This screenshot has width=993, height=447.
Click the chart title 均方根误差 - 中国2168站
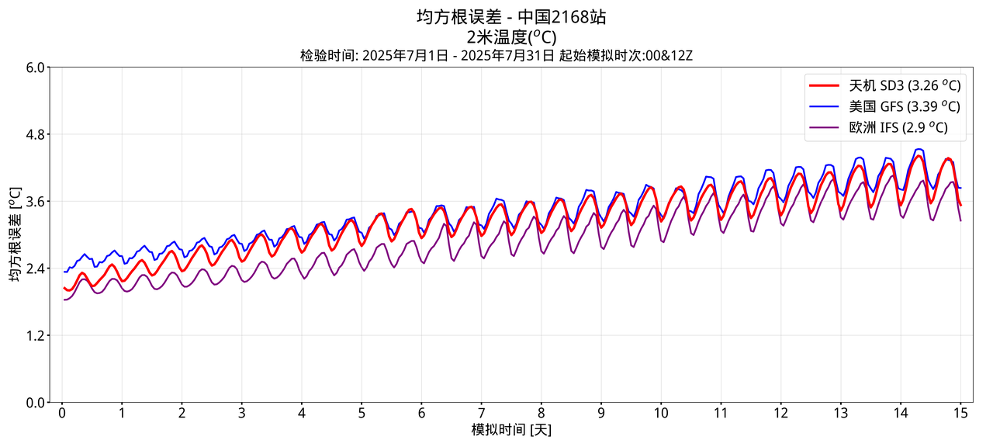point(511,17)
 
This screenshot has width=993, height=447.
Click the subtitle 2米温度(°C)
point(511,36)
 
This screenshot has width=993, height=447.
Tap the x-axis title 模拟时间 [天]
point(511,430)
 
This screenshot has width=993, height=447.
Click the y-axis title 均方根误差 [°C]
point(16,234)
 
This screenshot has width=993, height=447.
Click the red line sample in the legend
point(825,85)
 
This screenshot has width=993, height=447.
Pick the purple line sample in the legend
point(825,128)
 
